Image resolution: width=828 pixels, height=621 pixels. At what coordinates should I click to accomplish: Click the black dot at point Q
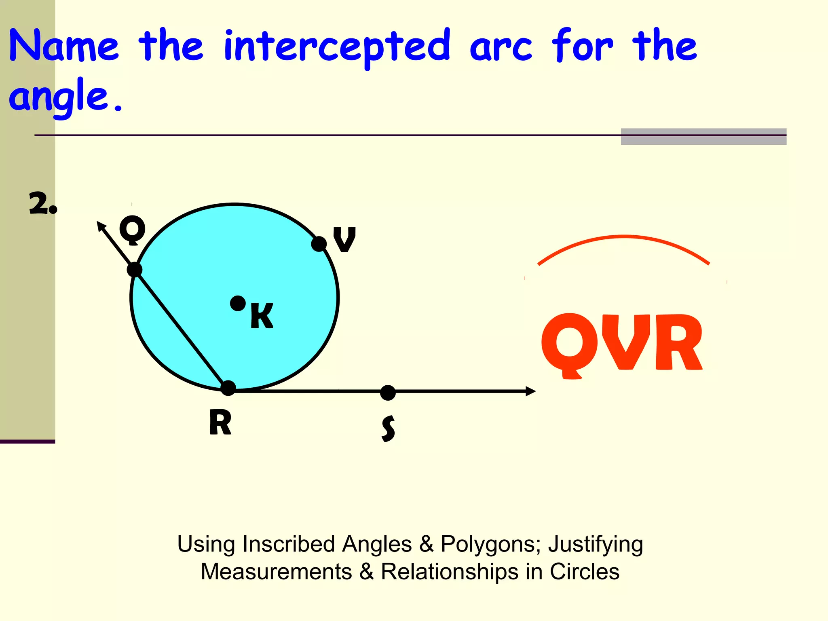(135, 269)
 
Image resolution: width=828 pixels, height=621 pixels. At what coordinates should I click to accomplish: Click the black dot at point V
(319, 244)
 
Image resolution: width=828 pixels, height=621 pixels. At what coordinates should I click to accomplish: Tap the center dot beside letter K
(238, 303)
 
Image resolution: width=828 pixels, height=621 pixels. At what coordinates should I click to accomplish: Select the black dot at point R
(228, 388)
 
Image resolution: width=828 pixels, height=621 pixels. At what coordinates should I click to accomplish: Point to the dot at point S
(388, 393)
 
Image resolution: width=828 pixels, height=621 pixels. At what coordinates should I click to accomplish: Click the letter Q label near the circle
(132, 230)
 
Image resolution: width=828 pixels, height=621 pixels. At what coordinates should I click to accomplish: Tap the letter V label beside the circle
(344, 239)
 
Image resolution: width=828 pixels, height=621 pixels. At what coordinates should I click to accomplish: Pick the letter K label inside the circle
(262, 316)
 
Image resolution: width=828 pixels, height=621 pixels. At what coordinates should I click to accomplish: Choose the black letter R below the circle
(220, 422)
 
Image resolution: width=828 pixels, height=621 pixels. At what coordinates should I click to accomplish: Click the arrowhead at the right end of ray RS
(530, 391)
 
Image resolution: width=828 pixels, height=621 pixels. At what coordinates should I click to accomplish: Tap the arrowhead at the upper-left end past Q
(101, 226)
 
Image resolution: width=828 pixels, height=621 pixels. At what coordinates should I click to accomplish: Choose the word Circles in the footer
(584, 572)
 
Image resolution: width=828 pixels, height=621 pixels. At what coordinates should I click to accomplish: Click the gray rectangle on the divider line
(703, 137)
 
